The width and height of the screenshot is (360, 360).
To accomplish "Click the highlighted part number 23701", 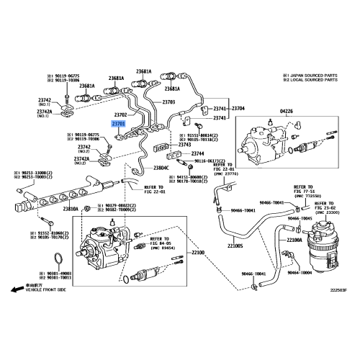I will click(x=120, y=124).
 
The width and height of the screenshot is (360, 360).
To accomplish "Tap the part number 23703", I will click(x=168, y=102).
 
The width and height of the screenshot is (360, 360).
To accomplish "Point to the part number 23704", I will click(x=238, y=107).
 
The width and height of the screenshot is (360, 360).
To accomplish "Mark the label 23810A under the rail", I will click(x=70, y=209).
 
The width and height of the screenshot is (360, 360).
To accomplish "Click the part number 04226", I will click(x=265, y=111).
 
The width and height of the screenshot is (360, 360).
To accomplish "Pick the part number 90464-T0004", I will click(x=302, y=273).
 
